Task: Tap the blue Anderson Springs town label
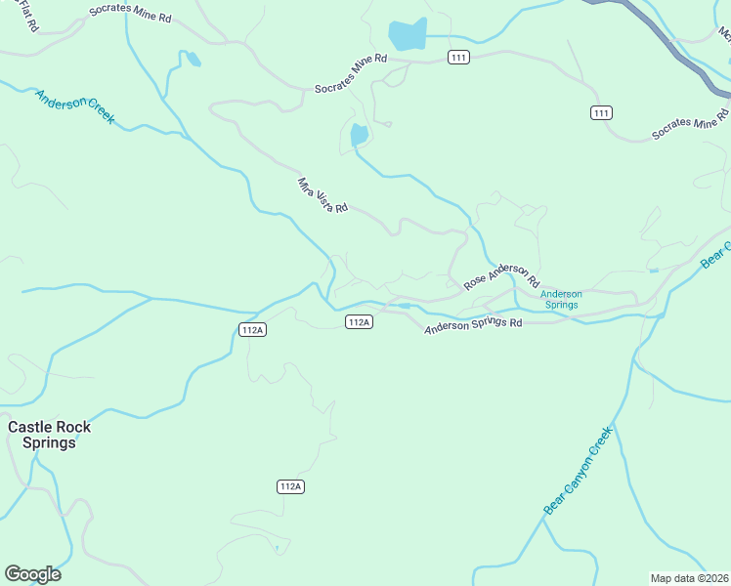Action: click(x=561, y=299)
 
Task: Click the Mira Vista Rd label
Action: click(x=322, y=194)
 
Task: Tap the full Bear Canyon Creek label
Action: click(x=578, y=470)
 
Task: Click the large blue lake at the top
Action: click(x=408, y=34)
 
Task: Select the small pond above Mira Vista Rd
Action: click(x=359, y=135)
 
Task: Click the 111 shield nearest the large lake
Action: click(x=459, y=58)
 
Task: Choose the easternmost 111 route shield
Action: click(x=602, y=113)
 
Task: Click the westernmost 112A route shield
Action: click(x=252, y=330)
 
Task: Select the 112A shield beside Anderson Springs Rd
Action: click(x=359, y=322)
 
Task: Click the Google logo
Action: click(x=32, y=574)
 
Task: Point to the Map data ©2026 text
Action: click(x=689, y=578)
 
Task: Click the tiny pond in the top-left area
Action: click(x=193, y=61)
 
